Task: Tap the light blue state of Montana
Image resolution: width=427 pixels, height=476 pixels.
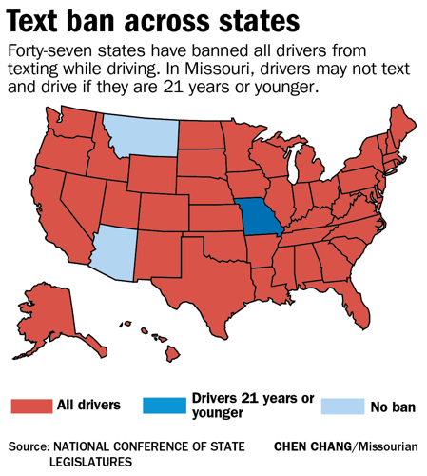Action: (x=141, y=135)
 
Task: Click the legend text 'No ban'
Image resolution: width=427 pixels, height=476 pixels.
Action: (x=394, y=407)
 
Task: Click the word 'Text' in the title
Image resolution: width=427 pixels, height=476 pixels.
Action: (x=44, y=22)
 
